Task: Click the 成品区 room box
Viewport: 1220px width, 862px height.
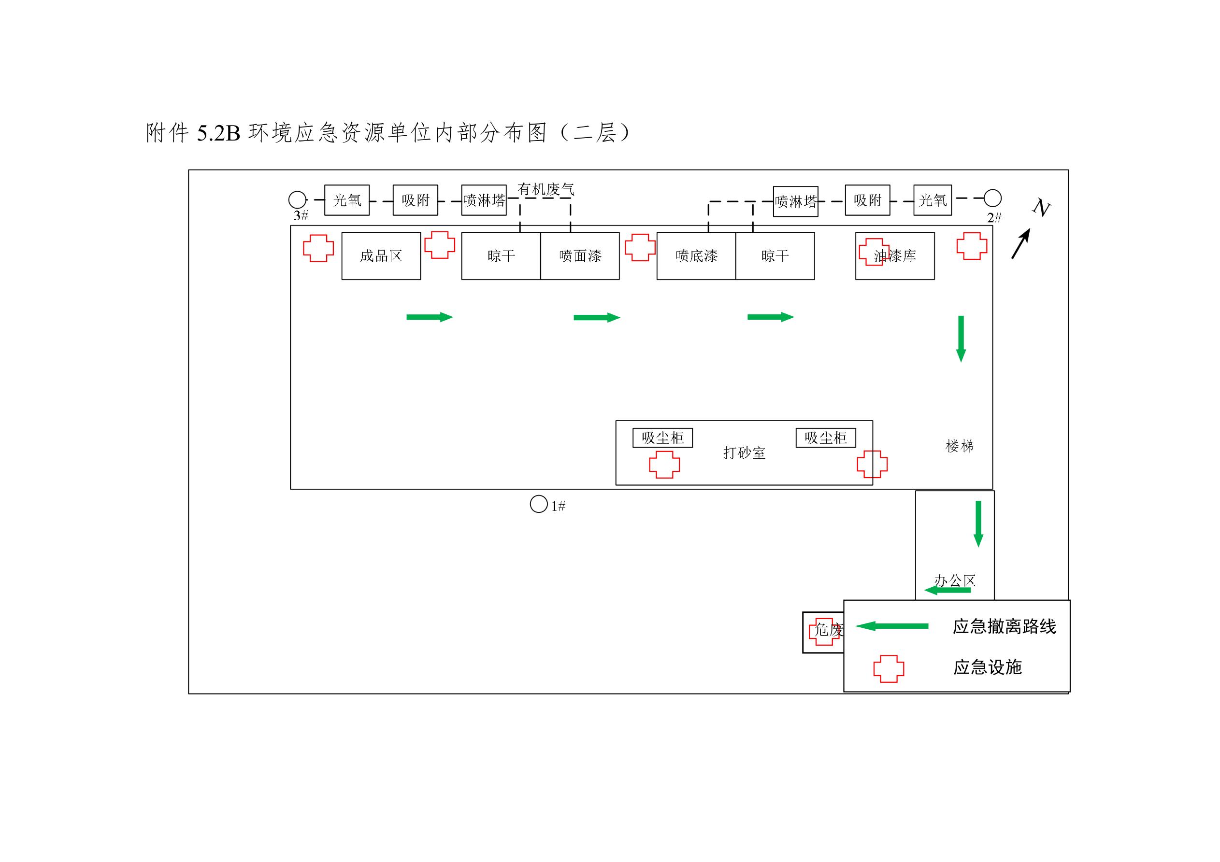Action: point(381,256)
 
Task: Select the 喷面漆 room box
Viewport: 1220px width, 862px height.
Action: point(580,256)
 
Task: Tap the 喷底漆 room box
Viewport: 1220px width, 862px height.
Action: point(696,256)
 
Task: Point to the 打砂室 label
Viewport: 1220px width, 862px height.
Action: point(744,453)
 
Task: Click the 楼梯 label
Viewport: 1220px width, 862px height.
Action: point(960,446)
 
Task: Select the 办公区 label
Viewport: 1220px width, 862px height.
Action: point(955,580)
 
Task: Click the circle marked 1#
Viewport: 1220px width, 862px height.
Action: point(539,504)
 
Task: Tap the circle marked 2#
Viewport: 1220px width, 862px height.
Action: point(992,198)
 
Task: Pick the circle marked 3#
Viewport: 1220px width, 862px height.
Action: point(298,200)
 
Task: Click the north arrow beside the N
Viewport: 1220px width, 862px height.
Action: point(1021,244)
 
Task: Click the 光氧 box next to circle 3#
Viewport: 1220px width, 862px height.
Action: point(347,200)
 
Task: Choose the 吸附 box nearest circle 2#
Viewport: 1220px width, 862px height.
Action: point(867,200)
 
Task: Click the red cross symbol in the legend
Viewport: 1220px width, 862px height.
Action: point(889,669)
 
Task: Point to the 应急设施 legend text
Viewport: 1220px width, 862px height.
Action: point(987,667)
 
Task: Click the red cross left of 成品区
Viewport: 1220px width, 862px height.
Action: point(318,248)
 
